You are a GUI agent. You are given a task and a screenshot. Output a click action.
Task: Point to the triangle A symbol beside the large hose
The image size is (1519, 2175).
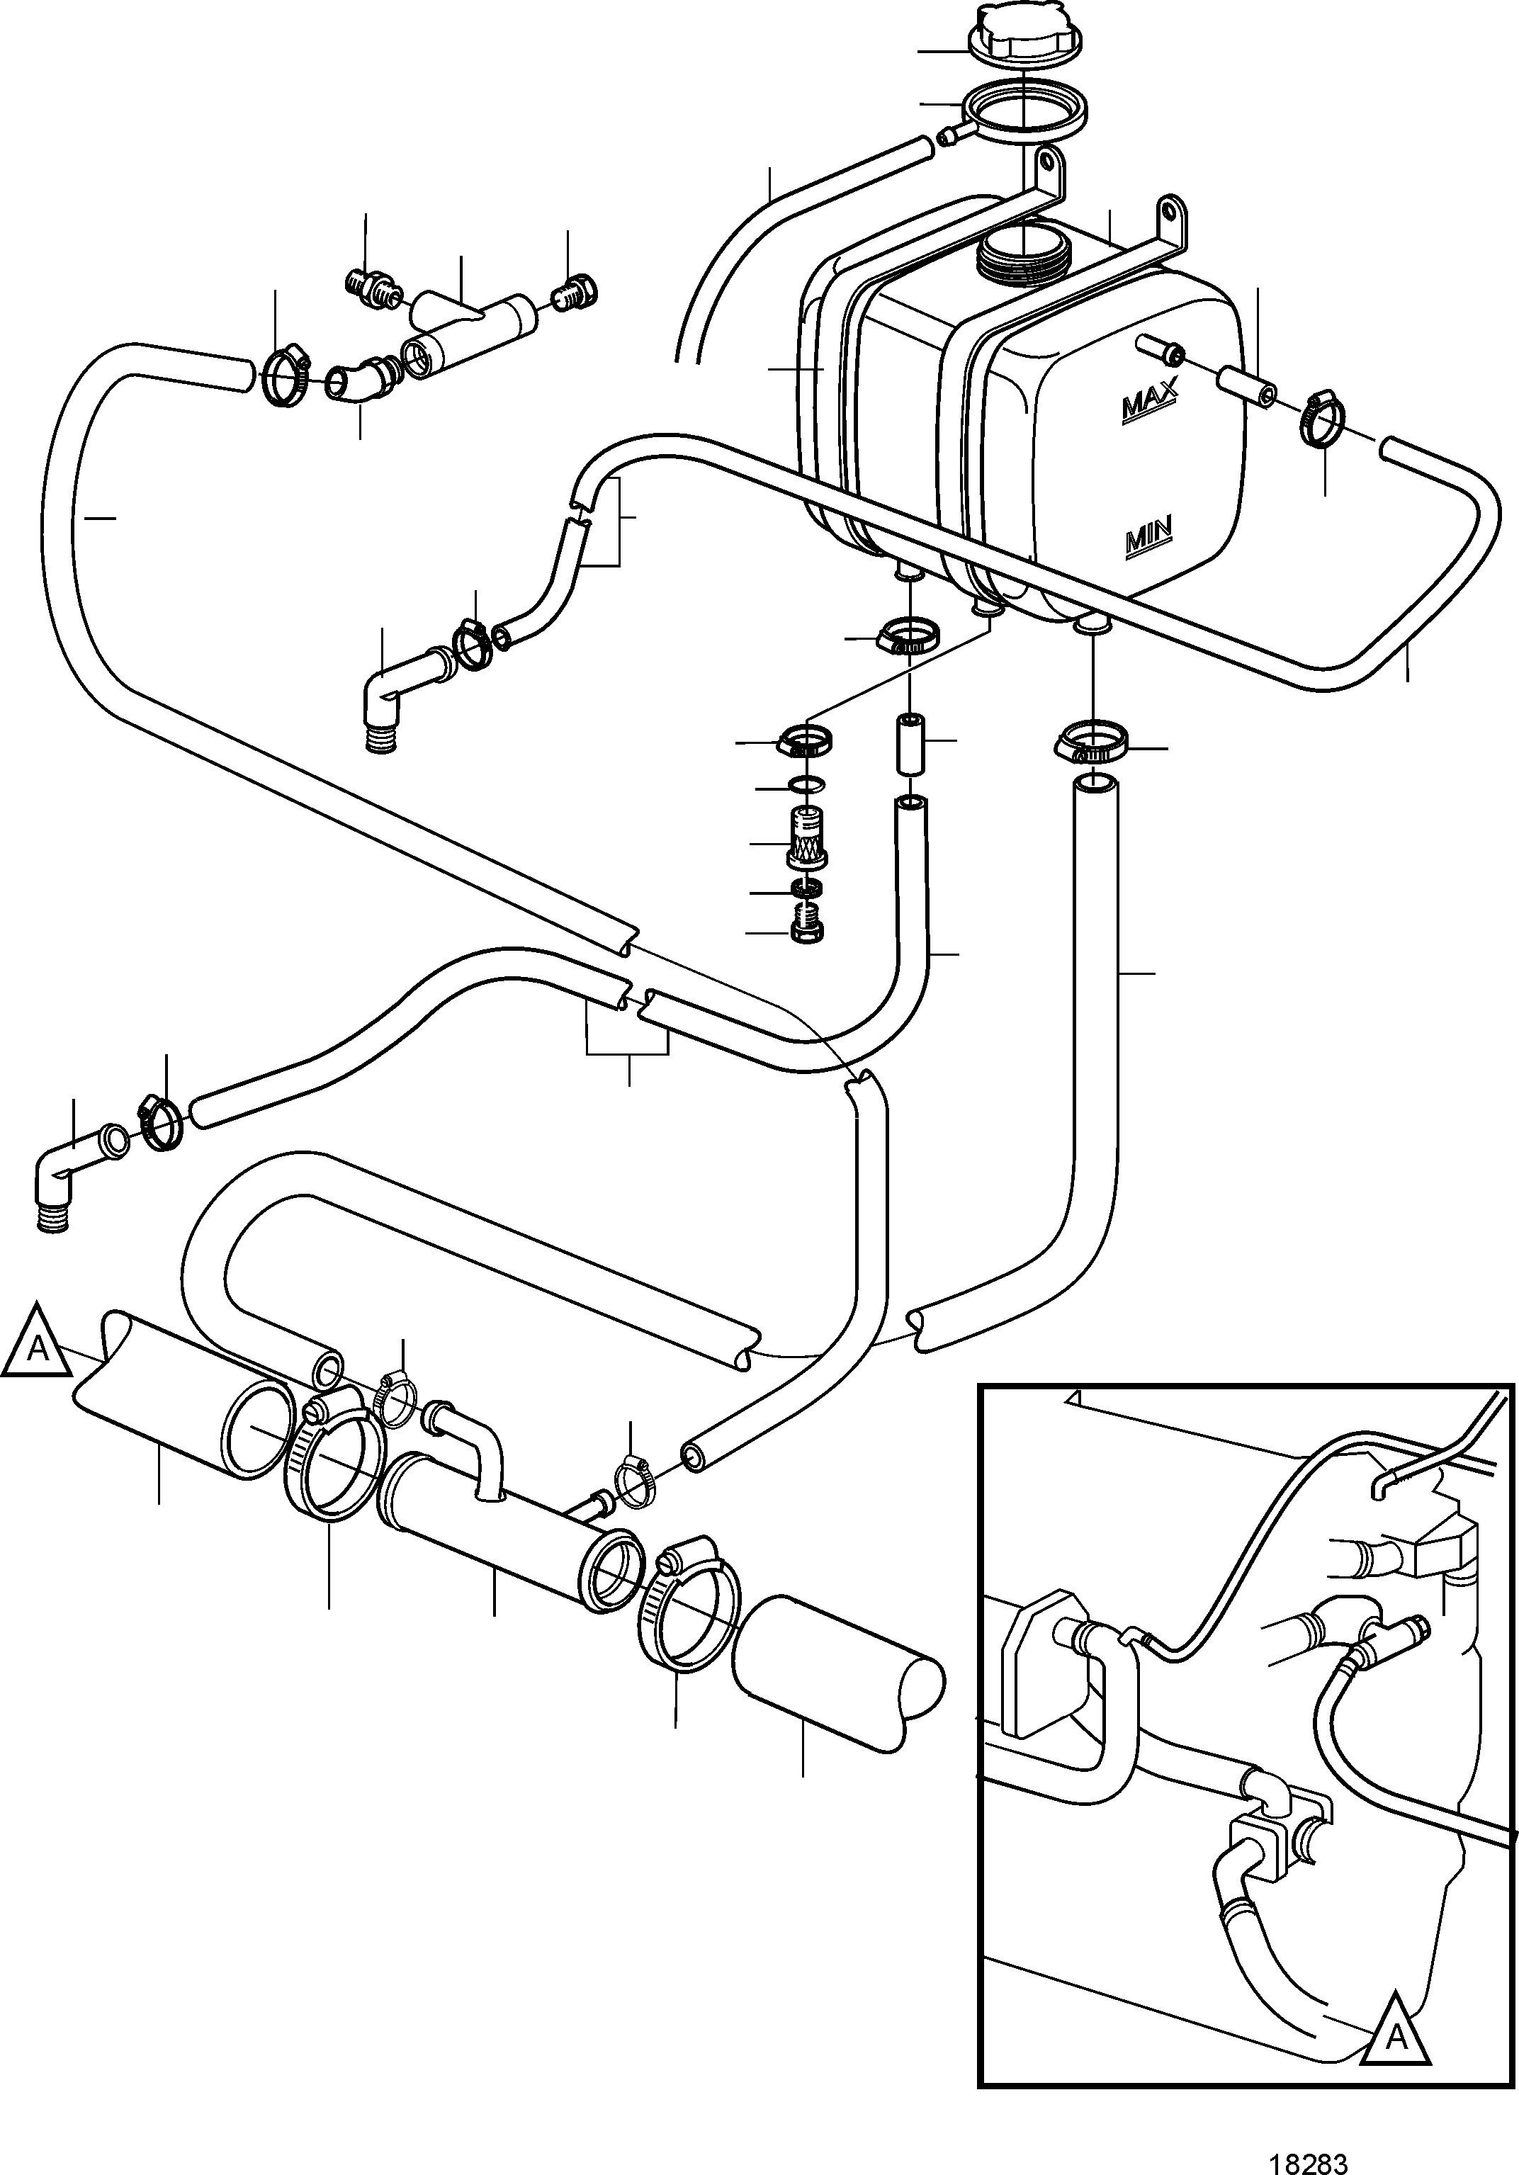37,1343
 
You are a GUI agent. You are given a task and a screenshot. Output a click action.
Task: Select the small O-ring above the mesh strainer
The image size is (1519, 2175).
806,784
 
